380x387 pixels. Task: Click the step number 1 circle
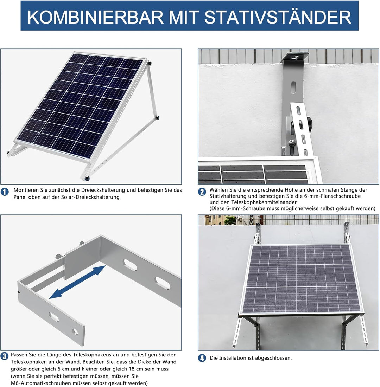tap(5, 192)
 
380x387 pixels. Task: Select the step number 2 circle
tap(202, 192)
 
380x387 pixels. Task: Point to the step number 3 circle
tap(5, 356)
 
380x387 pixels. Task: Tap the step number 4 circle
tap(202, 359)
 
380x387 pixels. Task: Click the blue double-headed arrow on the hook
tap(77, 282)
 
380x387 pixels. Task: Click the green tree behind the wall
tap(230, 220)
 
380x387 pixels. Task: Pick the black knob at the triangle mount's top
tap(150, 64)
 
